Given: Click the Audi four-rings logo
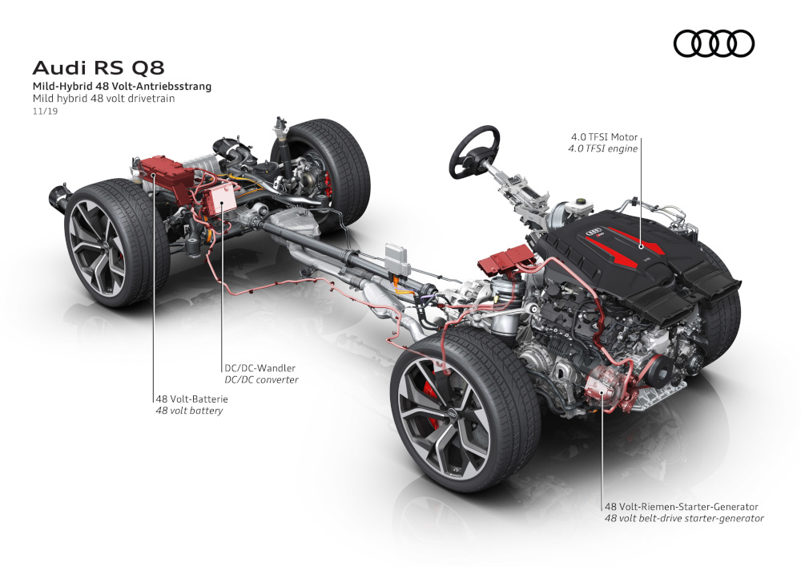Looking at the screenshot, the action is pos(714,43).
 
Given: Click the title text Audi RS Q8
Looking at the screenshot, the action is pos(99,67).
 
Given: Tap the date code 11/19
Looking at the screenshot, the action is pos(45,111).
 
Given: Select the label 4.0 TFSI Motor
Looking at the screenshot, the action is pos(604,137).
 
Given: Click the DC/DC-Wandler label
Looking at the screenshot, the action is pos(260,368).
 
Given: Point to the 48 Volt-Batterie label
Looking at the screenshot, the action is pos(191,399).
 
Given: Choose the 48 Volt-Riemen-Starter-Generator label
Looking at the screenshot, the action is pos(682,507).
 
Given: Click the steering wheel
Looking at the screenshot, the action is pos(474,152).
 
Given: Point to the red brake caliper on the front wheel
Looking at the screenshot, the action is pos(432,399).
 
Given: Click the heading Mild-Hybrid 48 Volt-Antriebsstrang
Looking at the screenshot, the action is pos(122,87).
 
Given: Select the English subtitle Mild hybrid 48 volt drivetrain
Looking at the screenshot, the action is pos(103,98).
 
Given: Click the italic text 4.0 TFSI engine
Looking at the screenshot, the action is pos(603,149).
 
